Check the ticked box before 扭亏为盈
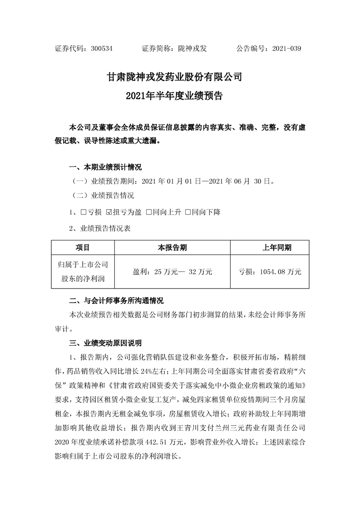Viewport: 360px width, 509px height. point(108,212)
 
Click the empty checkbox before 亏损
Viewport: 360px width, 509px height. point(84,212)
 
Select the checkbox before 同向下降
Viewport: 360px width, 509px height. point(187,212)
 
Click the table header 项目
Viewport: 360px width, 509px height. point(83,248)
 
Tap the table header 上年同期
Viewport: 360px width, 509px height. point(276,248)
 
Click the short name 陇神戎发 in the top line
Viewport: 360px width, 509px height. point(192,49)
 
